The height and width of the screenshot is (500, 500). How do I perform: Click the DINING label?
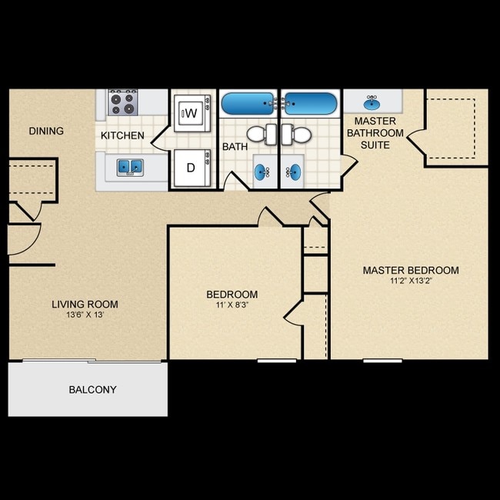tap(46, 131)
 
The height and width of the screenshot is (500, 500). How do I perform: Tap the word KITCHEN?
tap(122, 136)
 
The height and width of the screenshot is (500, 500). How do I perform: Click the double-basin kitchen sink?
tap(129, 167)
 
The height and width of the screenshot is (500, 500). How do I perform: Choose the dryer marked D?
tap(190, 167)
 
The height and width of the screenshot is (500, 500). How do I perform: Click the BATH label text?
tap(234, 147)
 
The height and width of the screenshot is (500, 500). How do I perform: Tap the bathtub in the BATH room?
tap(248, 103)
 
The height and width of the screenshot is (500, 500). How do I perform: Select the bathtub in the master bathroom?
tap(309, 103)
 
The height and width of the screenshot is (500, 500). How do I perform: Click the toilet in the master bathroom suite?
tap(298, 135)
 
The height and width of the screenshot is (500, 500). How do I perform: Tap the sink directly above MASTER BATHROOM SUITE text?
tap(372, 102)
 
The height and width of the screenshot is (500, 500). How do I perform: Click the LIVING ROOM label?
tap(85, 305)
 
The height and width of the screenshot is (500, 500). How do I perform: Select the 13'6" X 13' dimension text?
tap(85, 315)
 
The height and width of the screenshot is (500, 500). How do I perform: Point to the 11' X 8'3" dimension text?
tap(232, 305)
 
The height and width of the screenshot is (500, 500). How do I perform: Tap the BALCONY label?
tap(93, 390)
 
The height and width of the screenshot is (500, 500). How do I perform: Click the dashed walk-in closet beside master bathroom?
tap(457, 127)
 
